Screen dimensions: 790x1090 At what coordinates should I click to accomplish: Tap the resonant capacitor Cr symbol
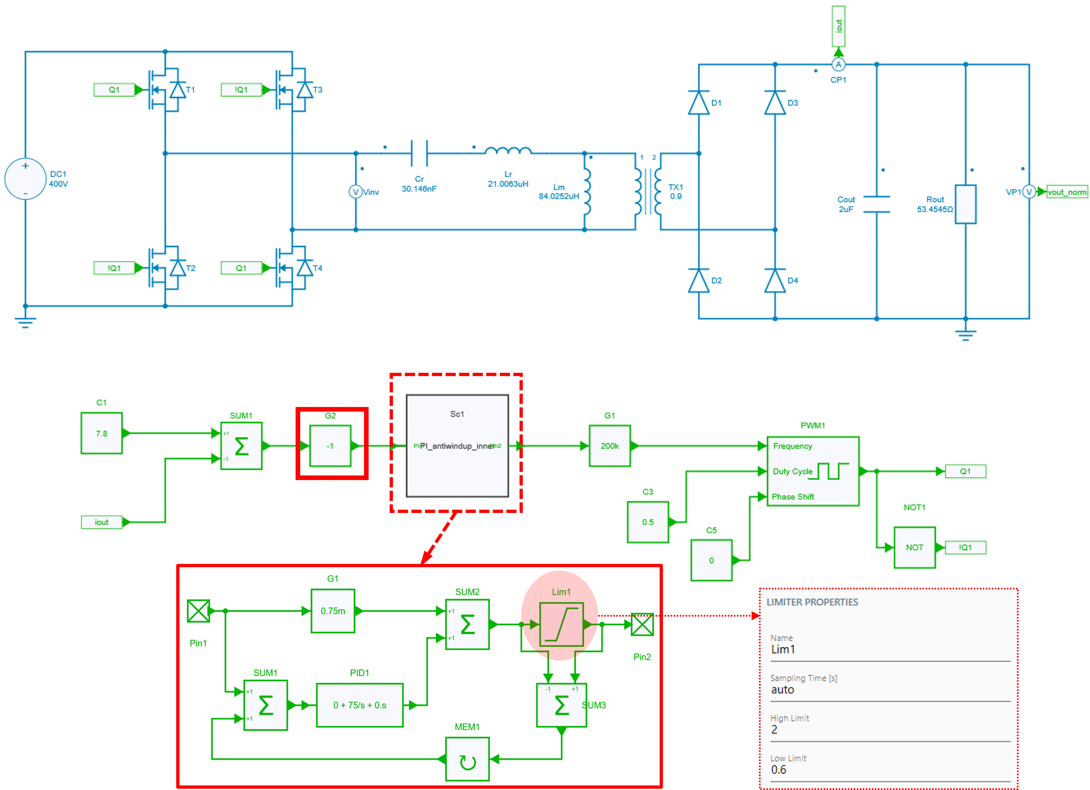[419, 153]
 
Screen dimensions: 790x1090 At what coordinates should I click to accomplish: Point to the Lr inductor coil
[508, 151]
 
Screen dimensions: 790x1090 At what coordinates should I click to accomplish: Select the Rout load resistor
[965, 204]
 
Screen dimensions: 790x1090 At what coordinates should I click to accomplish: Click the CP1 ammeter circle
[838, 64]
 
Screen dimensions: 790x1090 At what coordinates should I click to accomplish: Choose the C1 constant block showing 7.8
[101, 433]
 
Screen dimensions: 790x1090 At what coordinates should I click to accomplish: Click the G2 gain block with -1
[330, 446]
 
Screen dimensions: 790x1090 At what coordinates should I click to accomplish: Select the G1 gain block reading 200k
[609, 446]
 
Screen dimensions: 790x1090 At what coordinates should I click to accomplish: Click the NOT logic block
[914, 547]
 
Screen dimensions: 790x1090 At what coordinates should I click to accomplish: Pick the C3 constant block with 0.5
[647, 522]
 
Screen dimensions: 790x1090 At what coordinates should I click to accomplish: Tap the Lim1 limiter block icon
[561, 624]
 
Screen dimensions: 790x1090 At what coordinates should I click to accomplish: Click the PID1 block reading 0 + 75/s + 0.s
[359, 705]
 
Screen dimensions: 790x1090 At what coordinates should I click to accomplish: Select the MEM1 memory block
[467, 759]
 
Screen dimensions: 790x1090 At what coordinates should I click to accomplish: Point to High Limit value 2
[774, 729]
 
